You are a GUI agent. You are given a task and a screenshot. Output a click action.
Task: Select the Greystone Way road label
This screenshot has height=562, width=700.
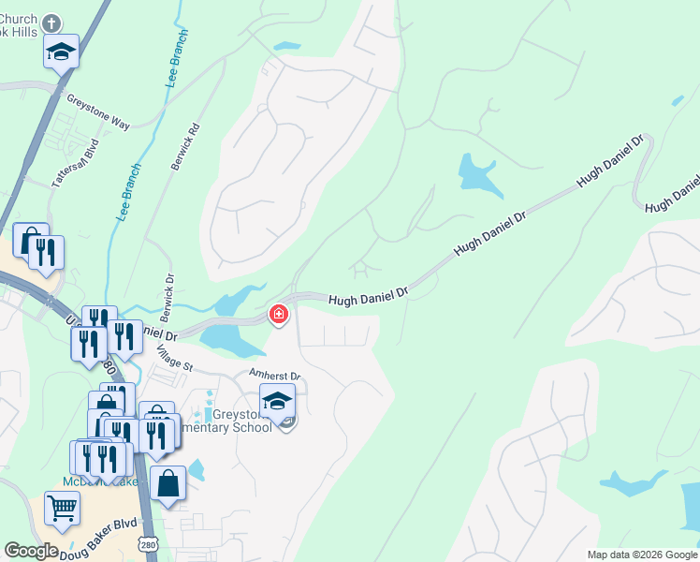coord(97,110)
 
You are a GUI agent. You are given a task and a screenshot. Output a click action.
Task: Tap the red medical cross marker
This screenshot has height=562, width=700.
coord(278,314)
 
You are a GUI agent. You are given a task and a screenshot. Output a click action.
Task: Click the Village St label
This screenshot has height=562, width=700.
coord(174,357)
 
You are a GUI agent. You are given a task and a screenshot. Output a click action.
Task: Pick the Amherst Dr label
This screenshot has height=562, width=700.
coord(274,375)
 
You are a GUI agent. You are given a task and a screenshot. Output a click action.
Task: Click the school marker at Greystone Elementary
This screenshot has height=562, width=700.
coord(278,401)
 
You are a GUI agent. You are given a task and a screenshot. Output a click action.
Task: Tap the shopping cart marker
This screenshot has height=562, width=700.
coord(62,509)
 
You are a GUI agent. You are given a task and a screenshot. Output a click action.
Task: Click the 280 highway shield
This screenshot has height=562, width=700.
coord(148,544)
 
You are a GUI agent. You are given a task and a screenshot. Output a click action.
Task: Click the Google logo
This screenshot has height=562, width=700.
coord(31,551)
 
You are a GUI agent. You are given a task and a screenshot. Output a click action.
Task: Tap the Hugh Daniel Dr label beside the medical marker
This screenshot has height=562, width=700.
coord(369,298)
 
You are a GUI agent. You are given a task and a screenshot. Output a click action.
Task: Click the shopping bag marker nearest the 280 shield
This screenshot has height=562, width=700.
coord(168,483)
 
